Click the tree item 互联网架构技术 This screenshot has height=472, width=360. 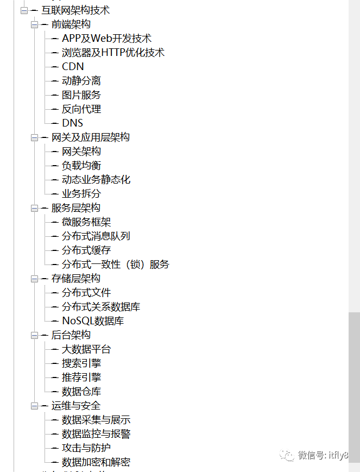tap(75, 10)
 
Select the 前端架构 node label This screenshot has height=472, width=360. tap(71, 24)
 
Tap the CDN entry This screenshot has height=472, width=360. tap(73, 67)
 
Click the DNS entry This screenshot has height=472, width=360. tap(72, 123)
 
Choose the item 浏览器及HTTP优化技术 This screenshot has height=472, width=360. tap(113, 53)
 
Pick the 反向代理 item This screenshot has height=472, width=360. tap(81, 109)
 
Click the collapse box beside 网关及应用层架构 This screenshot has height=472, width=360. tap(35, 138)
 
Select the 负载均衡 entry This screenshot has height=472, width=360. tap(81, 166)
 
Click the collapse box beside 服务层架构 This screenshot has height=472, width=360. tap(35, 209)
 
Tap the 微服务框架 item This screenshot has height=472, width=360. tap(86, 222)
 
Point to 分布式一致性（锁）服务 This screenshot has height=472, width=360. tap(115, 265)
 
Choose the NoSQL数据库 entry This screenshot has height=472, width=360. tap(92, 321)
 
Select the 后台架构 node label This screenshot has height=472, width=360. tap(71, 335)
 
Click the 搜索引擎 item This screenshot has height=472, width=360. tap(81, 363)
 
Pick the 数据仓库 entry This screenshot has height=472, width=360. tap(81, 392)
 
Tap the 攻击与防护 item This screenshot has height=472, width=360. tap(86, 448)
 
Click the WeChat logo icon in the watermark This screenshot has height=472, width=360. tap(287, 455)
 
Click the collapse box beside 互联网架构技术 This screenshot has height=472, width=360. tap(24, 11)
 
